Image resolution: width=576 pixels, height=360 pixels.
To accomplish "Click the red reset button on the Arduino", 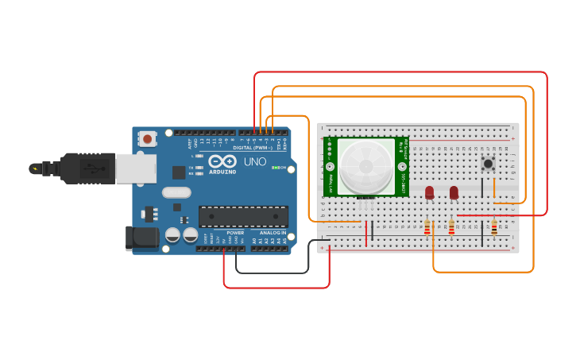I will [x=148, y=139].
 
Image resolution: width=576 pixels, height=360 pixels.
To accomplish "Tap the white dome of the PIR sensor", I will [x=365, y=166].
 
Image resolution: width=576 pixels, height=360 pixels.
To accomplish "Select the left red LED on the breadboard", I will [x=429, y=192].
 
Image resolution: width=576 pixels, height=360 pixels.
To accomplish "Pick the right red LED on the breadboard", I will [x=454, y=192].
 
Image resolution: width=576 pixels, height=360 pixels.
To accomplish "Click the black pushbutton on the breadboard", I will [x=488, y=164].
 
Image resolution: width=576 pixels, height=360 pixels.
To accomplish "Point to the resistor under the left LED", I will [x=427, y=229].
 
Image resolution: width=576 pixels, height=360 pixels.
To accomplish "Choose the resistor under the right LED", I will [x=452, y=229].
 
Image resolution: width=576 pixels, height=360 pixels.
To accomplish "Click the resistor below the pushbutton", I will [x=494, y=228].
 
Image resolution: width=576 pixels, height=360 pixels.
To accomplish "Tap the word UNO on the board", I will [x=254, y=161].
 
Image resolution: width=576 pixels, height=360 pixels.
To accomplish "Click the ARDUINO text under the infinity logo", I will [x=222, y=172].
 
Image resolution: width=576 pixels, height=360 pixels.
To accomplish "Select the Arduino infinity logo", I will [x=222, y=161].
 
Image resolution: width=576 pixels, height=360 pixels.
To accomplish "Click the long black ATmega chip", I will [x=243, y=216].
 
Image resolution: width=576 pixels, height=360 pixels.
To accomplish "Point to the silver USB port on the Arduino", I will [x=135, y=168].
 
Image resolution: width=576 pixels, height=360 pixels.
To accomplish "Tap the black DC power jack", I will [x=141, y=238].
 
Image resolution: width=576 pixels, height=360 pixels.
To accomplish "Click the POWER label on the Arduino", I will [x=235, y=233].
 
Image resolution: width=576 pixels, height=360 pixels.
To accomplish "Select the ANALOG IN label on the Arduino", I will [x=273, y=233].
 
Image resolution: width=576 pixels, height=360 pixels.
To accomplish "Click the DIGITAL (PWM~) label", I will [x=253, y=148].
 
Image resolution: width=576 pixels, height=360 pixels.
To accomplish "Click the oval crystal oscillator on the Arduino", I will [x=176, y=192].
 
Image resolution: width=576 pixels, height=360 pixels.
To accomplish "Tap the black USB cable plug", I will [x=87, y=168].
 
